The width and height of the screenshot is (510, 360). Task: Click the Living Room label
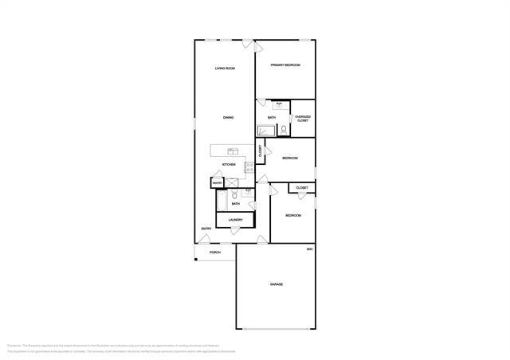[x=225, y=68]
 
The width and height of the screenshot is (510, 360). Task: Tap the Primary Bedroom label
[x=284, y=65]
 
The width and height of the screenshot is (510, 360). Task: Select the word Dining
[x=228, y=118]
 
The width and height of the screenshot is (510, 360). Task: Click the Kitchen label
[x=229, y=165]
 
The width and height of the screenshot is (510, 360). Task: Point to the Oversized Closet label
[x=303, y=119]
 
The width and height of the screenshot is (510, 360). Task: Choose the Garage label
[x=277, y=284]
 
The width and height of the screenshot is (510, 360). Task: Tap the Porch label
[x=215, y=252]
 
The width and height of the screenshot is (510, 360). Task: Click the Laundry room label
[x=235, y=220]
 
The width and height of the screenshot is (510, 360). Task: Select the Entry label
[x=206, y=229]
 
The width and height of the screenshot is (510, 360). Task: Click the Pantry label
[x=217, y=184]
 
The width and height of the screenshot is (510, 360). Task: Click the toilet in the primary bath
[x=283, y=130]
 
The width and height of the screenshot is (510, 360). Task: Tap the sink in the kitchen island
[x=232, y=151]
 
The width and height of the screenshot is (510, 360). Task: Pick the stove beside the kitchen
[x=249, y=167]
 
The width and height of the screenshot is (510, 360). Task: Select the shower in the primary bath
[x=265, y=130]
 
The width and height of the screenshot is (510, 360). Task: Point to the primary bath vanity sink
[x=279, y=104]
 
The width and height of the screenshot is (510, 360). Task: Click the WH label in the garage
[x=310, y=250]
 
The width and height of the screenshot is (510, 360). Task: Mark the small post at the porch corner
[x=195, y=258]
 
